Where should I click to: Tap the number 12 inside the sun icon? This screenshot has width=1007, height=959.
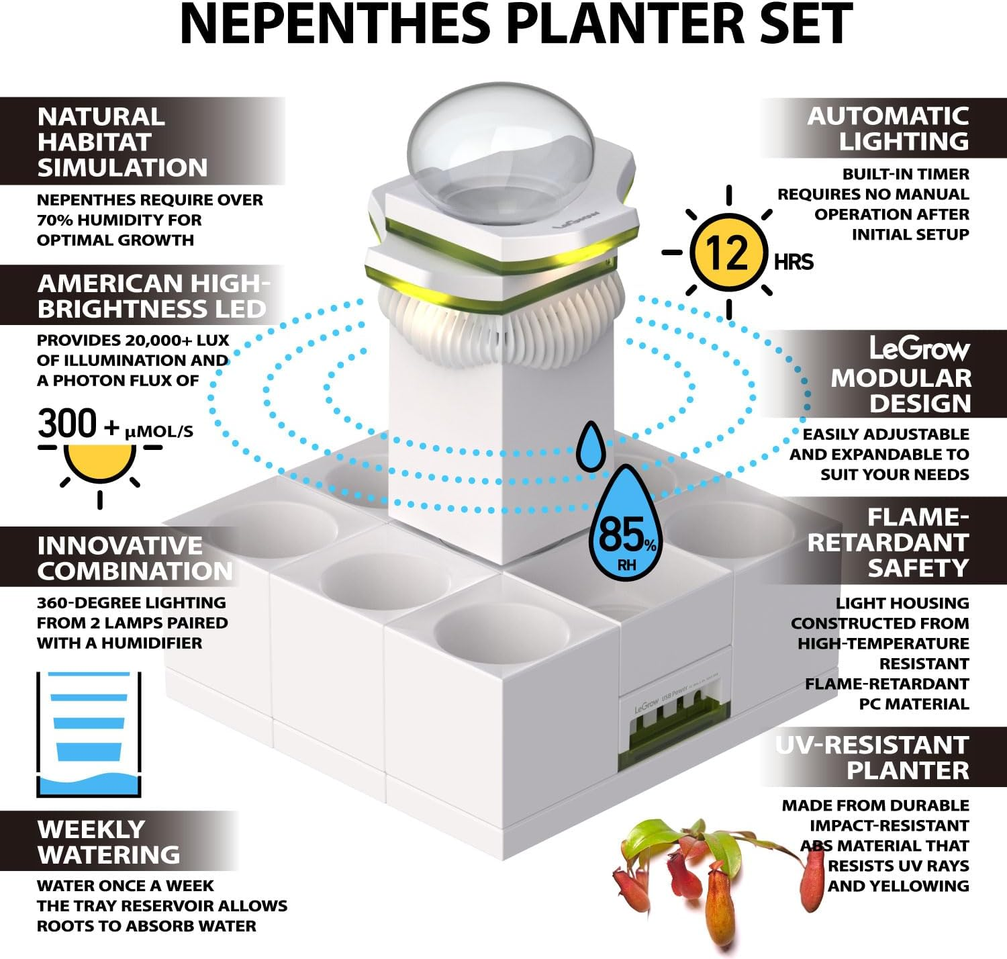click(x=728, y=253)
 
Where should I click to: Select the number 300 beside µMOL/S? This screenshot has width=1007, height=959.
click(x=67, y=424)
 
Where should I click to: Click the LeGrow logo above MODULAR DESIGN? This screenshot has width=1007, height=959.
click(x=920, y=349)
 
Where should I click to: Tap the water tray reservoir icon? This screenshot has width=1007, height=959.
click(x=89, y=734)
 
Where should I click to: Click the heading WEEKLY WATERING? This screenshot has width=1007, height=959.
click(x=109, y=841)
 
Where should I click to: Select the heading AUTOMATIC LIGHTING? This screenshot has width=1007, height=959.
click(x=888, y=128)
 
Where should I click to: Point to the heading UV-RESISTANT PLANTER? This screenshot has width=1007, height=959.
click(x=872, y=758)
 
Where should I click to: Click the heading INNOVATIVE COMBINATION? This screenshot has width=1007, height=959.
click(x=135, y=557)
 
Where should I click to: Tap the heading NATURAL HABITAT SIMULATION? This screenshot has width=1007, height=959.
click(x=122, y=142)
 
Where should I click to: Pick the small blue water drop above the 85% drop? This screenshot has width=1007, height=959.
click(x=591, y=445)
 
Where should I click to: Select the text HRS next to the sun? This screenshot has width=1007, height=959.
click(x=794, y=261)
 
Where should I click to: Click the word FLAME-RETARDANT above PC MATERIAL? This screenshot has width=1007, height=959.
click(x=887, y=684)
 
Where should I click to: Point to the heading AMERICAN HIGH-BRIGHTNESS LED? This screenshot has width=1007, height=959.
click(x=152, y=295)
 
